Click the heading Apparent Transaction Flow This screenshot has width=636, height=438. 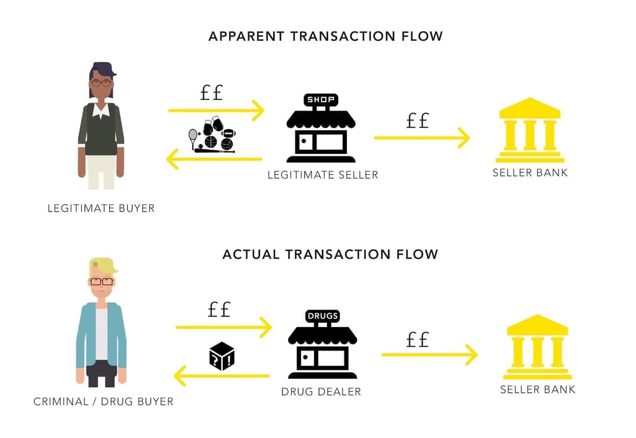325,36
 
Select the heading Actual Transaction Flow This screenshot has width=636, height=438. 330,254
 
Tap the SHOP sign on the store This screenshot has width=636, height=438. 320,99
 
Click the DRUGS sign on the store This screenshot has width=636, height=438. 323,316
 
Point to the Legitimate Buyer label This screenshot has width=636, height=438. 101,208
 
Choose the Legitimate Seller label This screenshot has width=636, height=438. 323,175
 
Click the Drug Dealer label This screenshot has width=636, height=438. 321,391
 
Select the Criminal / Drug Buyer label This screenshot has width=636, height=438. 104,401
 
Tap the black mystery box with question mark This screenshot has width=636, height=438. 222,355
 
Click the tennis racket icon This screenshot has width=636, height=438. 193,138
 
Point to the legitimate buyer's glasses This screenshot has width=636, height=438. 101,83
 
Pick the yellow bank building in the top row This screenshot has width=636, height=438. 530,130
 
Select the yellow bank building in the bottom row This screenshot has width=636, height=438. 537,347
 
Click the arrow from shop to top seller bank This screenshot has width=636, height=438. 422,138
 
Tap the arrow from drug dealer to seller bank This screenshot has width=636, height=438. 429,354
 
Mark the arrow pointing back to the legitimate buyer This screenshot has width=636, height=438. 213,159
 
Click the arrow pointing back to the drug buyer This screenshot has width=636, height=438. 222,376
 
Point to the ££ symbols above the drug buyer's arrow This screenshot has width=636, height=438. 219,310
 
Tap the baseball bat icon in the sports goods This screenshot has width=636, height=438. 214,151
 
